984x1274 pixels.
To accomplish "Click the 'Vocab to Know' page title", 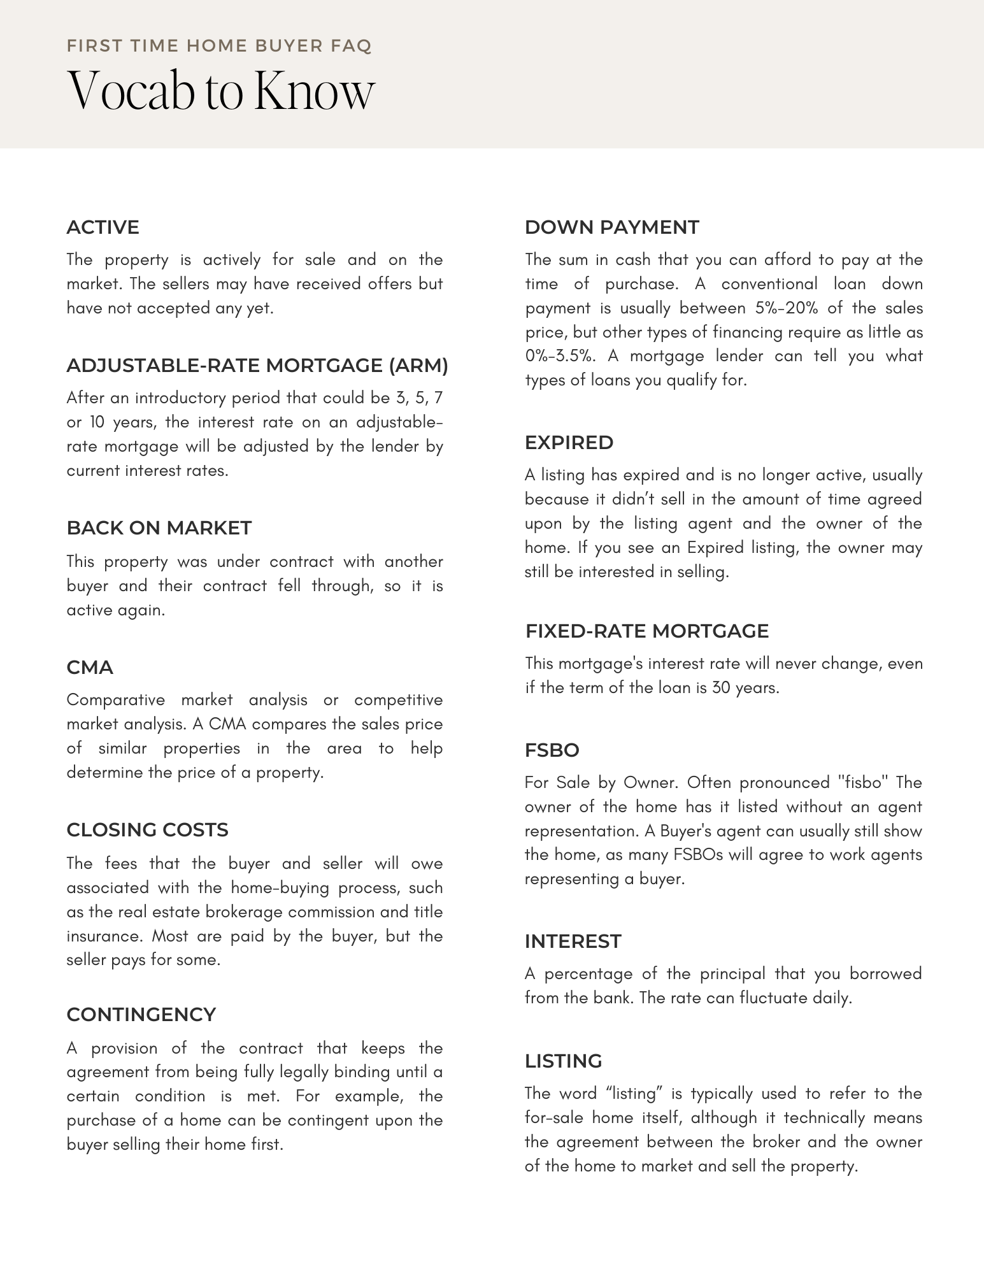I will pyautogui.click(x=220, y=91).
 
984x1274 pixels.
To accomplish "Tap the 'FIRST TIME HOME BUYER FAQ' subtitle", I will pyautogui.click(x=218, y=46).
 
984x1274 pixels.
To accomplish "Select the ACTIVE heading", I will pyautogui.click(x=103, y=227).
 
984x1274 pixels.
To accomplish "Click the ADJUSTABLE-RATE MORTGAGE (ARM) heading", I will pyautogui.click(x=257, y=366).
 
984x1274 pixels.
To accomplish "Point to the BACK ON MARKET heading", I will pyautogui.click(x=159, y=528).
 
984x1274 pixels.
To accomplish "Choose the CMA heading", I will pyautogui.click(x=90, y=668).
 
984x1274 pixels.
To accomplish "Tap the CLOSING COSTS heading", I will pyautogui.click(x=147, y=830).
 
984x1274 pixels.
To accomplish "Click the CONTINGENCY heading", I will pyautogui.click(x=141, y=1015).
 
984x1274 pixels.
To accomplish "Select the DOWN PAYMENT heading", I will pyautogui.click(x=611, y=227).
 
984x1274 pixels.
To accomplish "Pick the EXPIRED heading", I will pyautogui.click(x=569, y=443).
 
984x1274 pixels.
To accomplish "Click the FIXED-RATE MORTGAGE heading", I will pyautogui.click(x=646, y=631).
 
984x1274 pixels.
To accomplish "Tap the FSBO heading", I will pyautogui.click(x=552, y=750).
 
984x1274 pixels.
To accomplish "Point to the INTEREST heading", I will pyautogui.click(x=573, y=941).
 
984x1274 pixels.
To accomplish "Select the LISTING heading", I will pyautogui.click(x=563, y=1061).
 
